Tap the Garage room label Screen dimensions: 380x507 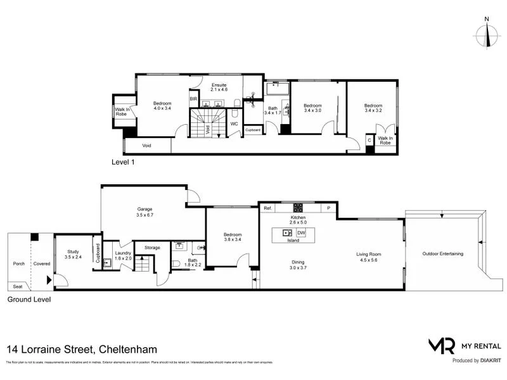[x=145, y=212]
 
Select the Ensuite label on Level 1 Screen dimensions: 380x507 [x=219, y=88]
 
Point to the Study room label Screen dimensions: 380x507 [x=73, y=254]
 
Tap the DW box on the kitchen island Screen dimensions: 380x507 [x=301, y=233]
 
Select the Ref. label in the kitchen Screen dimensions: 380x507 [x=268, y=208]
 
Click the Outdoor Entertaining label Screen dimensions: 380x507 [x=442, y=254]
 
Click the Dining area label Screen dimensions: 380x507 [x=297, y=265]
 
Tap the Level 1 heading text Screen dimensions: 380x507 [x=123, y=162]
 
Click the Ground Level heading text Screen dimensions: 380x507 [x=29, y=300]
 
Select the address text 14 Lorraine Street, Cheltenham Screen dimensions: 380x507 [x=82, y=349]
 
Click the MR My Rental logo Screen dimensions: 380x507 [x=465, y=346]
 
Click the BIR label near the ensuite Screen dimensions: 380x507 [x=193, y=99]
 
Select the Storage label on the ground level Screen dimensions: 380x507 [x=152, y=248]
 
